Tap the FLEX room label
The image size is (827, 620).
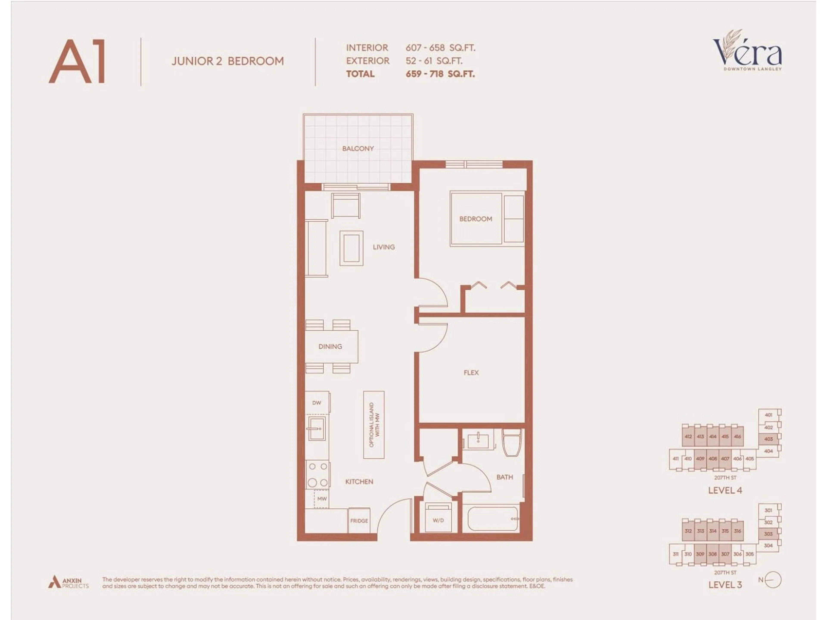pyautogui.click(x=471, y=373)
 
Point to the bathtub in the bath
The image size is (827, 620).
pyautogui.click(x=493, y=518)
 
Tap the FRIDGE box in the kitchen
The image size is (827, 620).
pyautogui.click(x=359, y=521)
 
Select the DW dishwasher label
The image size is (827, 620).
pyautogui.click(x=317, y=403)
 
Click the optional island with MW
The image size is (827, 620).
pyautogui.click(x=374, y=425)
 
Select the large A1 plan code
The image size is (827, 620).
pyautogui.click(x=77, y=62)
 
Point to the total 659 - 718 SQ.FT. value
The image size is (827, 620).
pyautogui.click(x=440, y=74)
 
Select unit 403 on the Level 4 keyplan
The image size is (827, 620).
pyautogui.click(x=768, y=439)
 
